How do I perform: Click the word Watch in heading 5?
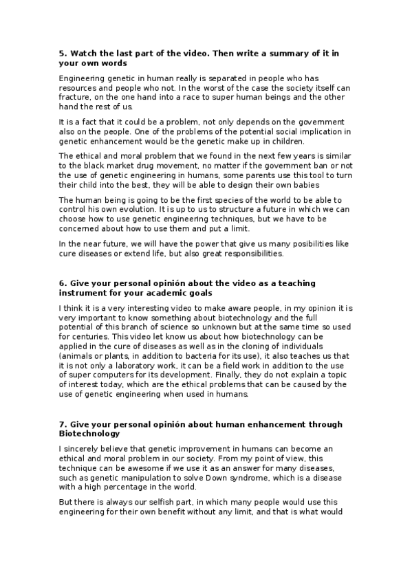point(83,53)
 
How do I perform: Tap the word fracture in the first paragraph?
point(74,98)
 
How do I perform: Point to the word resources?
point(79,89)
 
